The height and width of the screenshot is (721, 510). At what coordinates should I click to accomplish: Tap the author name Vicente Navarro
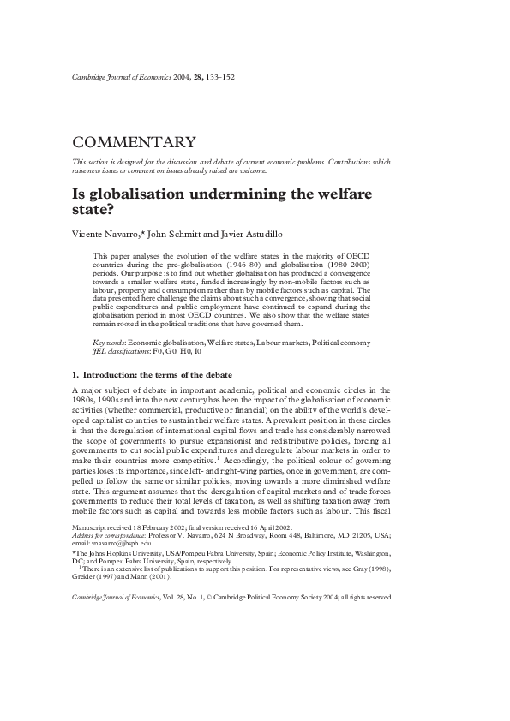tap(101, 235)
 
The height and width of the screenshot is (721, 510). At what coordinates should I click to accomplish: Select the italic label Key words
tap(107, 343)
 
